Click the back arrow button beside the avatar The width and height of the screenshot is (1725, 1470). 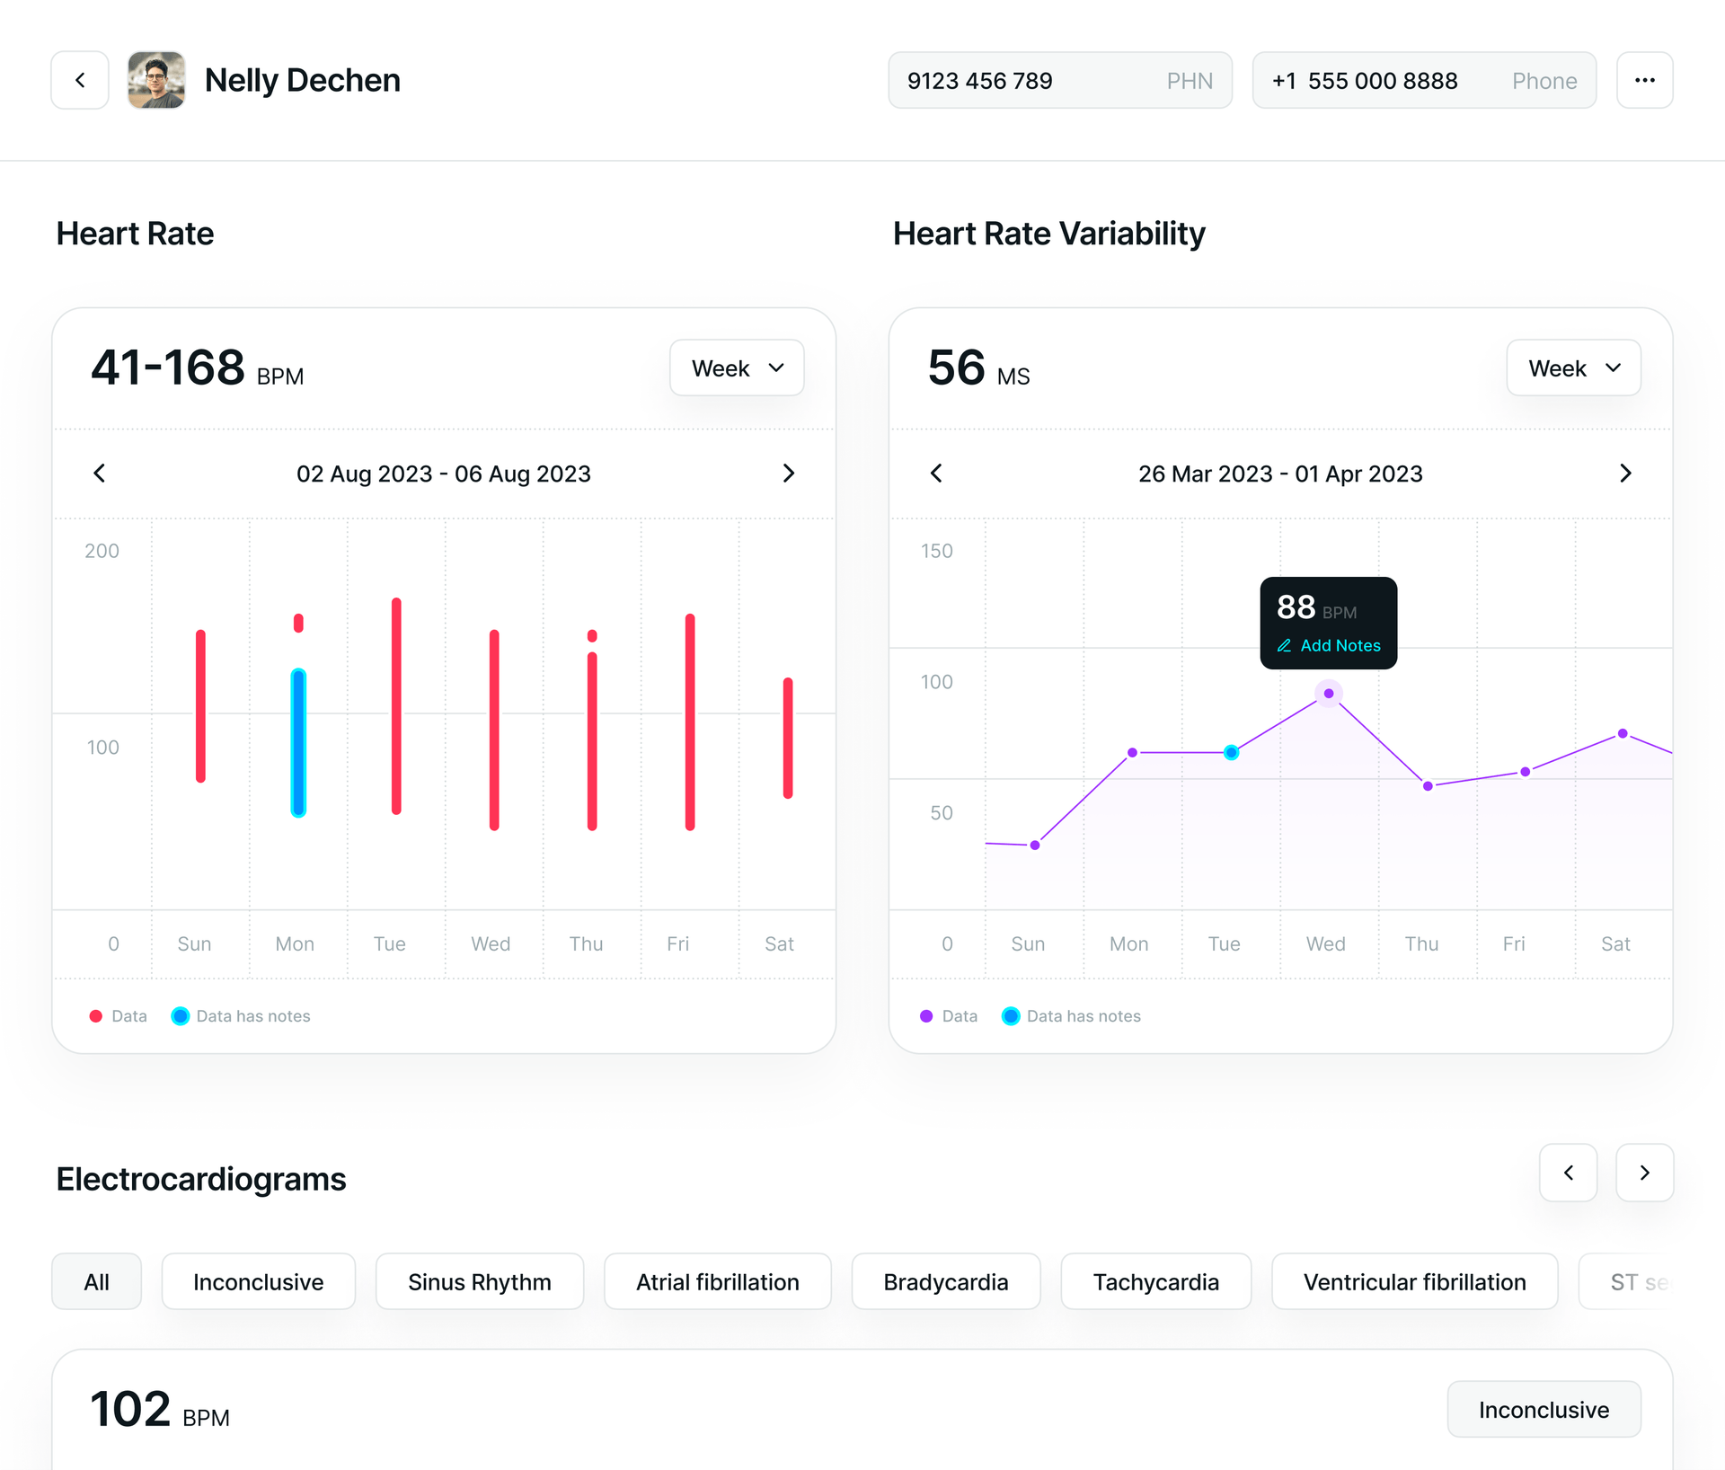pyautogui.click(x=80, y=80)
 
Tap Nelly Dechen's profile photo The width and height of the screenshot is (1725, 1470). pyautogui.click(x=156, y=80)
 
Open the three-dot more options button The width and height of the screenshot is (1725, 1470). pyautogui.click(x=1644, y=80)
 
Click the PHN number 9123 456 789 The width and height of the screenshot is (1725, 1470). pyautogui.click(x=979, y=81)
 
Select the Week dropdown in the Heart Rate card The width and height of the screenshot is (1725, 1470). pyautogui.click(x=737, y=368)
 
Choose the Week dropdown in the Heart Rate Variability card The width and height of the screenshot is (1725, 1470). pyautogui.click(x=1573, y=368)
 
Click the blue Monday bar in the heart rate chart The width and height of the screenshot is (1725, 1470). pyautogui.click(x=298, y=742)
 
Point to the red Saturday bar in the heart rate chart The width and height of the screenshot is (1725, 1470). pyautogui.click(x=788, y=738)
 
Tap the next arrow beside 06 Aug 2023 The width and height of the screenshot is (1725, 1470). pyautogui.click(x=788, y=474)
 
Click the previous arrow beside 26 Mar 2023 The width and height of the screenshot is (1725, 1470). pyautogui.click(x=936, y=474)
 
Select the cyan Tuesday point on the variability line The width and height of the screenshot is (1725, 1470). pyautogui.click(x=1231, y=752)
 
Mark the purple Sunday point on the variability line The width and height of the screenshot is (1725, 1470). pyautogui.click(x=1035, y=845)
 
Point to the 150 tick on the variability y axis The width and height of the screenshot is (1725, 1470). pyautogui.click(x=936, y=551)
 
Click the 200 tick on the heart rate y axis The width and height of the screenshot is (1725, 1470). pyautogui.click(x=102, y=551)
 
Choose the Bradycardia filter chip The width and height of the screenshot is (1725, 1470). pyautogui.click(x=945, y=1282)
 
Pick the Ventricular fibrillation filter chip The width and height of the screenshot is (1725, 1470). pyautogui.click(x=1414, y=1282)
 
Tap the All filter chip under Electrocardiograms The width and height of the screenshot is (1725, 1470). pyautogui.click(x=96, y=1282)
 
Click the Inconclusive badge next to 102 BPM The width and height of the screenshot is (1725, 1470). pyautogui.click(x=1543, y=1410)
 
